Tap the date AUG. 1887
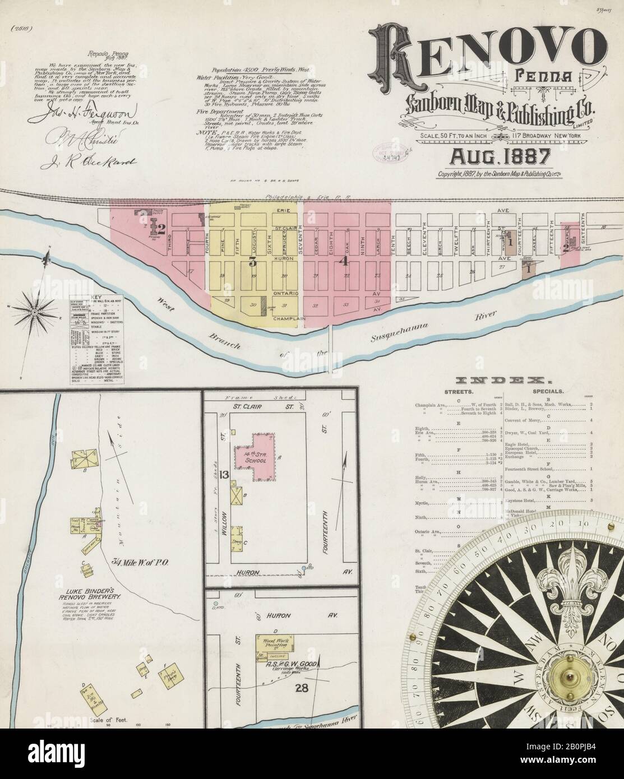493,154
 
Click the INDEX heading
489,380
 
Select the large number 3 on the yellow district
252,262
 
